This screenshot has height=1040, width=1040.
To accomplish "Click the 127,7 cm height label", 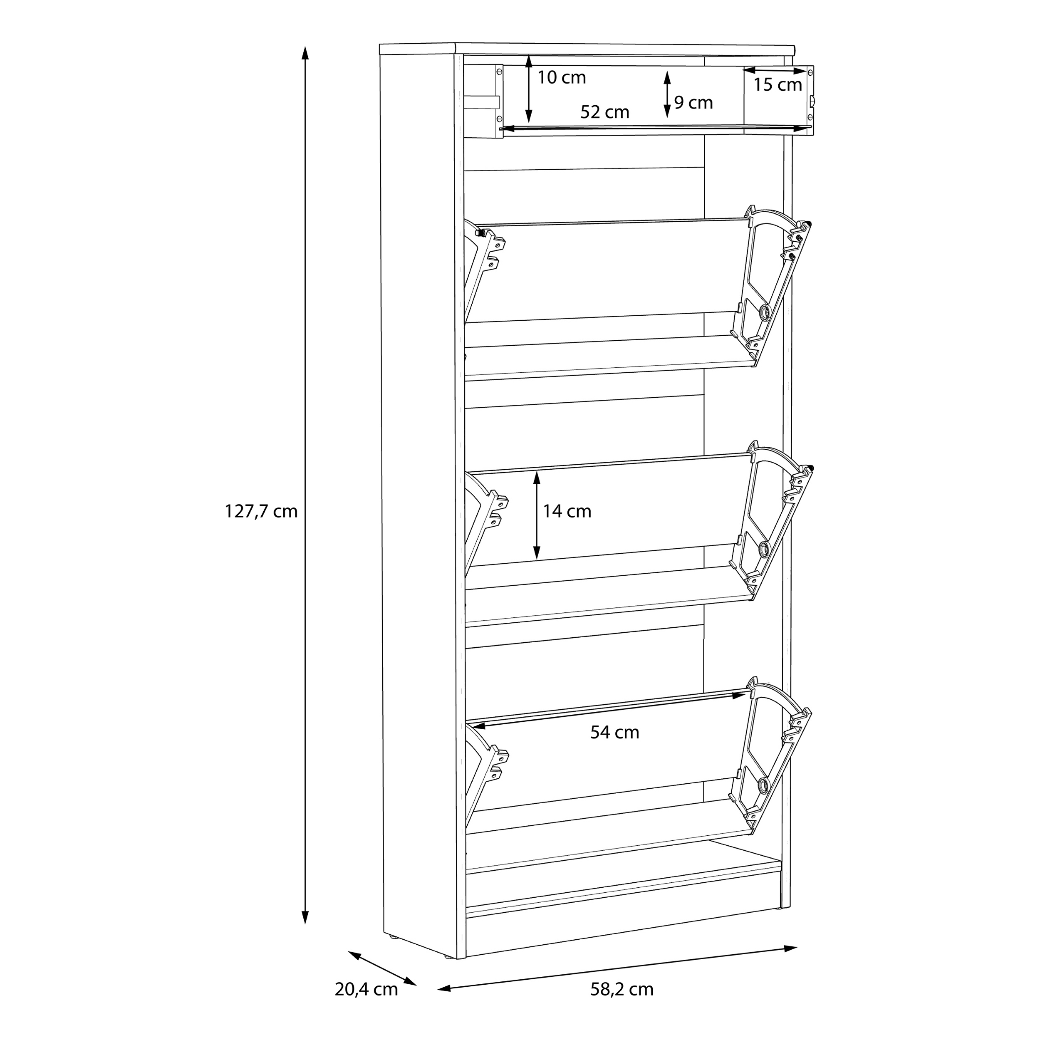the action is (x=261, y=511).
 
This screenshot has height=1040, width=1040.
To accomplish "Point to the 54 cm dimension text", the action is (x=615, y=732).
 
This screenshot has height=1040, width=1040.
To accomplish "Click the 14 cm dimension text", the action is (x=567, y=511).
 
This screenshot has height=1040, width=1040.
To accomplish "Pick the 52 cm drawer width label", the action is (x=605, y=112).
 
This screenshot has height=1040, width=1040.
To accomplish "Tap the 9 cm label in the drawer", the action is (x=693, y=102).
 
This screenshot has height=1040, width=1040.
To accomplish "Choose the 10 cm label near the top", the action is (x=562, y=77).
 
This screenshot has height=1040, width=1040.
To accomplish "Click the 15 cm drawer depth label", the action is (x=778, y=84).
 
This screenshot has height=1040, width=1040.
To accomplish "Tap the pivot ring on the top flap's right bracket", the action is (x=765, y=311).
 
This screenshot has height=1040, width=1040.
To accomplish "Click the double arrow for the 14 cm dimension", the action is (x=537, y=515).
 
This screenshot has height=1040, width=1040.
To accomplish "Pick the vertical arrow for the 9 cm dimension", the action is (x=668, y=95).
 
